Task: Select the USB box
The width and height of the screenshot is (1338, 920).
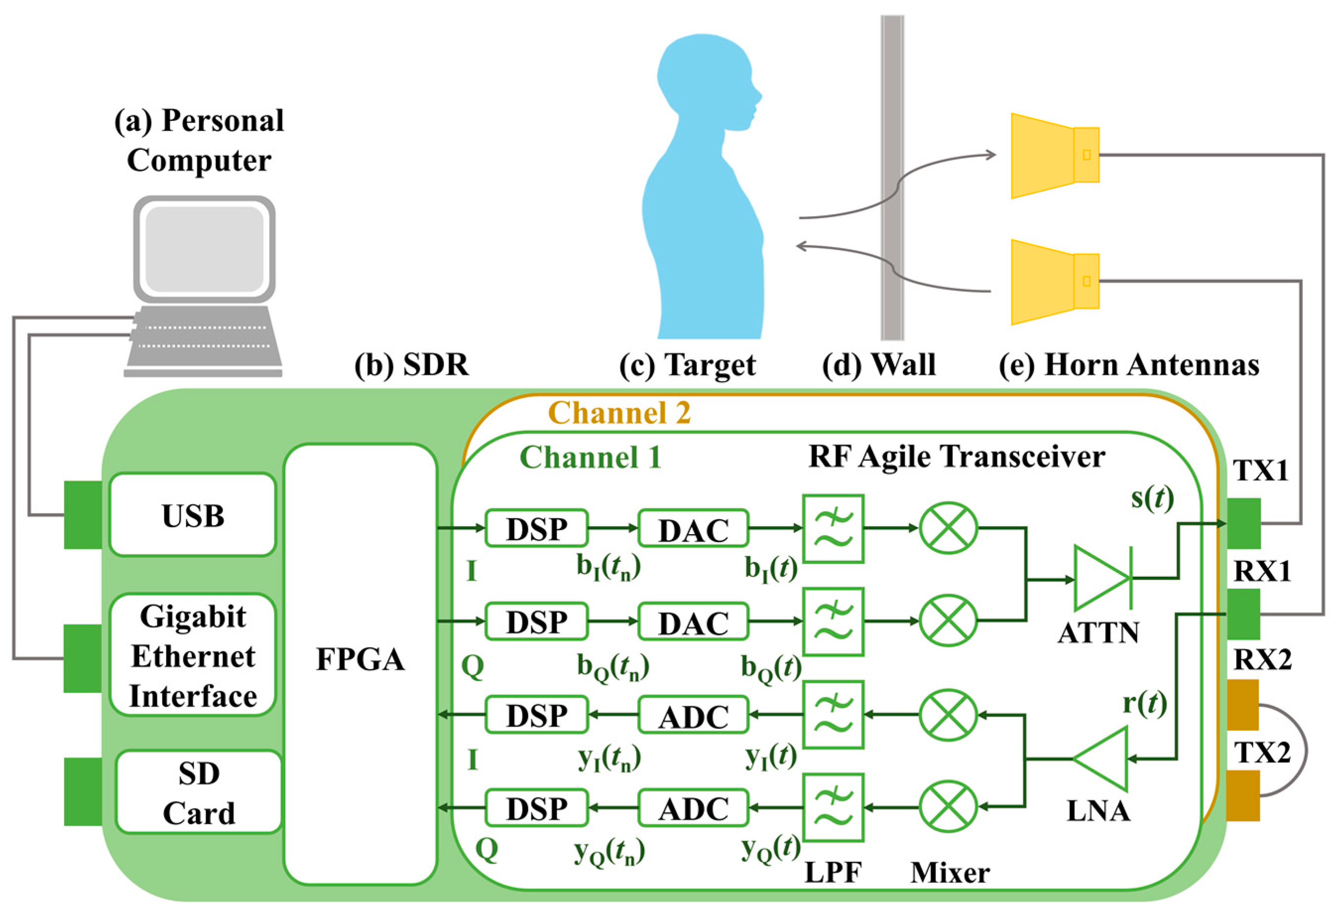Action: pyautogui.click(x=193, y=515)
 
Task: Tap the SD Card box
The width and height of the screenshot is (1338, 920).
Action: pyautogui.click(x=199, y=792)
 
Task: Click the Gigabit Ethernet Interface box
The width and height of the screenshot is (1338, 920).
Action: pyautogui.click(x=193, y=656)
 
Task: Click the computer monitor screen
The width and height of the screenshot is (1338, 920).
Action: pyautogui.click(x=205, y=248)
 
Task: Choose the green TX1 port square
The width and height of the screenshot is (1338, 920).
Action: pyautogui.click(x=1243, y=523)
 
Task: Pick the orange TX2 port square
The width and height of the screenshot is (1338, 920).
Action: pyautogui.click(x=1243, y=796)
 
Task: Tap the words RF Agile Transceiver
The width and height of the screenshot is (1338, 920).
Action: pyautogui.click(x=957, y=457)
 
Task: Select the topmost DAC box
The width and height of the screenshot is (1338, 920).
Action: pyautogui.click(x=693, y=528)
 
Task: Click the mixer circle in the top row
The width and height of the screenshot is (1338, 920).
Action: pyautogui.click(x=948, y=527)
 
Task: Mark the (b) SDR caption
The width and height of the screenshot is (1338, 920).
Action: pyautogui.click(x=411, y=365)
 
